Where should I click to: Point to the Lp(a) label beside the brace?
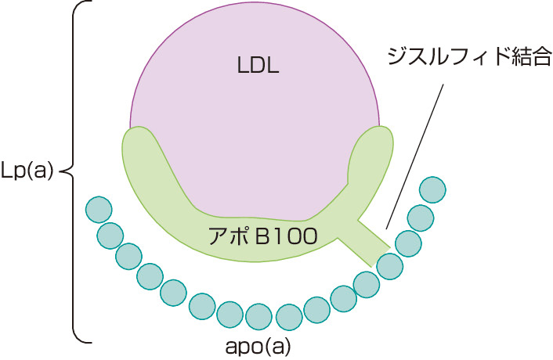tap(28, 171)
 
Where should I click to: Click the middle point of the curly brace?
tap(64, 170)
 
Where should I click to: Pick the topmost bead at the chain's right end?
tap(432, 189)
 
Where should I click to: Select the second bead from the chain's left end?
tap(110, 234)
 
